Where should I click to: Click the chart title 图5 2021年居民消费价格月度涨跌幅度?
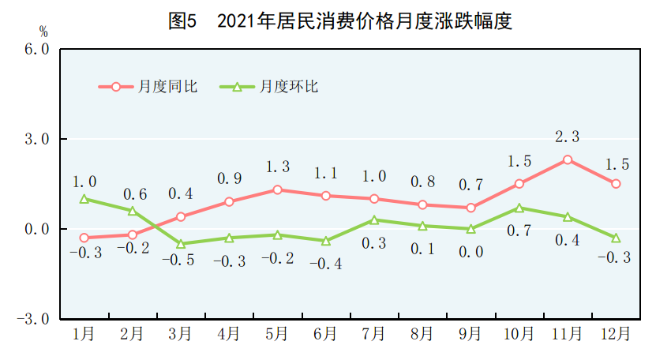click(x=340, y=21)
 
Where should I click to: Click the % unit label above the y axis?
click(x=43, y=32)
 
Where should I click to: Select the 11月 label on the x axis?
click(x=567, y=335)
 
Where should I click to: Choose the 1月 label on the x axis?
click(x=84, y=335)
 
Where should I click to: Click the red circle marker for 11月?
click(x=568, y=159)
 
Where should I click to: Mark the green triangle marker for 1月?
click(x=84, y=199)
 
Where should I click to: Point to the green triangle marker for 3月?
click(x=181, y=244)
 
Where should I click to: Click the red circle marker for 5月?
click(x=277, y=189)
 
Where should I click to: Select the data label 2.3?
click(x=568, y=137)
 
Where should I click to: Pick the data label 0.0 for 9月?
click(x=470, y=252)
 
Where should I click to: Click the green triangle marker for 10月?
click(x=519, y=208)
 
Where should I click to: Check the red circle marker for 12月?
click(x=616, y=184)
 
